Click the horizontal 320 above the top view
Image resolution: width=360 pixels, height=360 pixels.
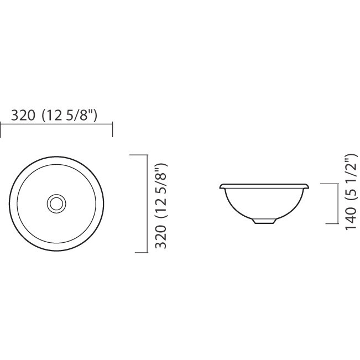(x=23, y=115)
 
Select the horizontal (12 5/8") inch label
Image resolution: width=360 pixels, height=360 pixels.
(x=70, y=115)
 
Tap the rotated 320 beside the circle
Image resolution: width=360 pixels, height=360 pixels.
(x=160, y=237)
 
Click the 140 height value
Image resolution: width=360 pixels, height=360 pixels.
(x=351, y=218)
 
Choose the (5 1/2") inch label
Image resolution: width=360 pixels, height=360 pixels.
(x=351, y=178)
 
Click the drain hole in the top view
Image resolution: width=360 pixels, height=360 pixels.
(x=56, y=204)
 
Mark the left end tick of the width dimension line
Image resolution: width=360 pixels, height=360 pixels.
(x=1, y=131)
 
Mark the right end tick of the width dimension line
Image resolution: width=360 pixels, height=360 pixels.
(x=112, y=130)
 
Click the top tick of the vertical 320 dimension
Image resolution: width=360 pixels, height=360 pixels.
(x=138, y=155)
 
